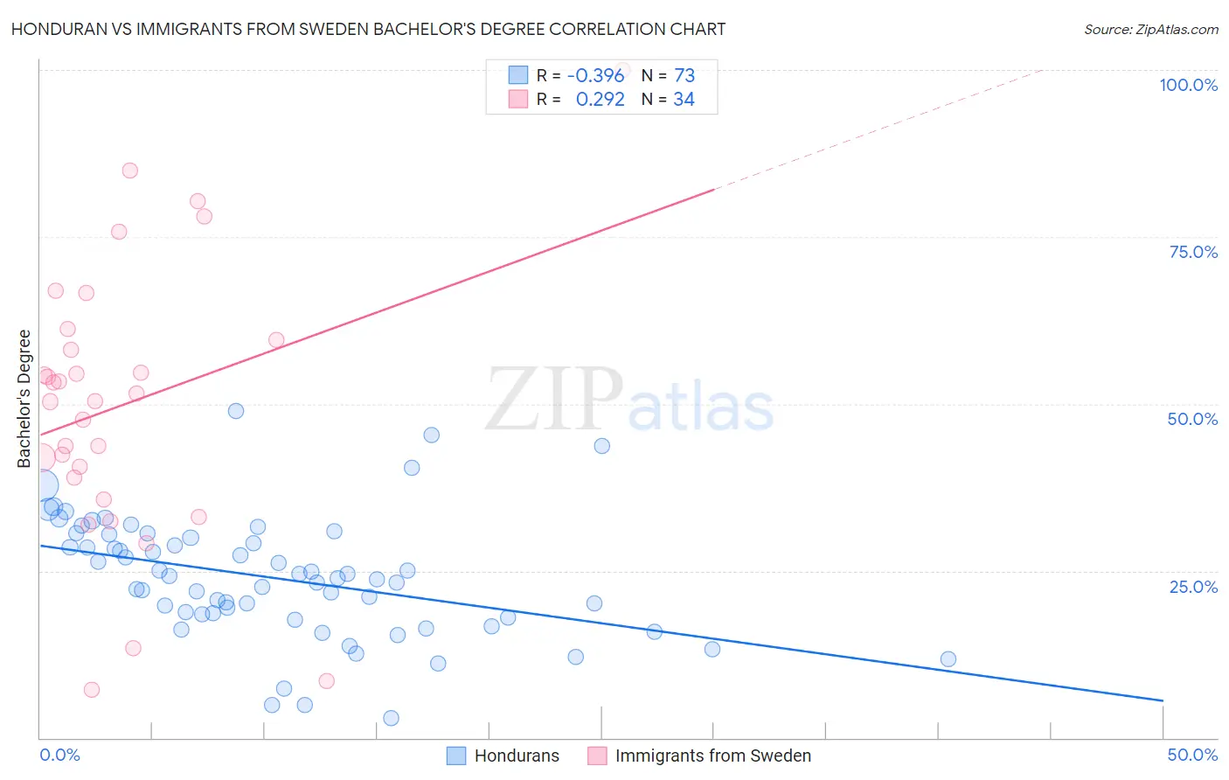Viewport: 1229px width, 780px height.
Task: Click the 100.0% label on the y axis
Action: pos(1188,85)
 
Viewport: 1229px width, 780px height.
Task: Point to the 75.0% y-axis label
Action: pos(1193,252)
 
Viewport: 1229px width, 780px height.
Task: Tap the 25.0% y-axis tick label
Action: pos(1193,586)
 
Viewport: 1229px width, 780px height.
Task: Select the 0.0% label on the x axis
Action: pos(59,755)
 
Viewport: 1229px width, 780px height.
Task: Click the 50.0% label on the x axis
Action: pos(1192,755)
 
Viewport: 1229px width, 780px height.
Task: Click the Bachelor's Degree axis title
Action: pos(24,399)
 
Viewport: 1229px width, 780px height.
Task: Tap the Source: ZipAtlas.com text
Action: pos(1150,30)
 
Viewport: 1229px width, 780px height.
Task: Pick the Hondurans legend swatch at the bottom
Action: pos(456,756)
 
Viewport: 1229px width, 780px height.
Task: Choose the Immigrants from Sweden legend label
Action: pos(712,756)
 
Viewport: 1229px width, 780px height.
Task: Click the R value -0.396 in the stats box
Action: pos(595,75)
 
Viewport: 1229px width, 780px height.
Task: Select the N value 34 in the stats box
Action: pos(684,99)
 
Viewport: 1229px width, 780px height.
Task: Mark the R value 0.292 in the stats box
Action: pos(600,99)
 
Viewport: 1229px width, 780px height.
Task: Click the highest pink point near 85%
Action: pos(129,171)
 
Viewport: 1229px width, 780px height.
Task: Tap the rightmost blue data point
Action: pos(948,659)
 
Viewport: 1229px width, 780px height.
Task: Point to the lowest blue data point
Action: pos(391,718)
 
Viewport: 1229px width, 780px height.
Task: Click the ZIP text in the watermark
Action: pos(554,400)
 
